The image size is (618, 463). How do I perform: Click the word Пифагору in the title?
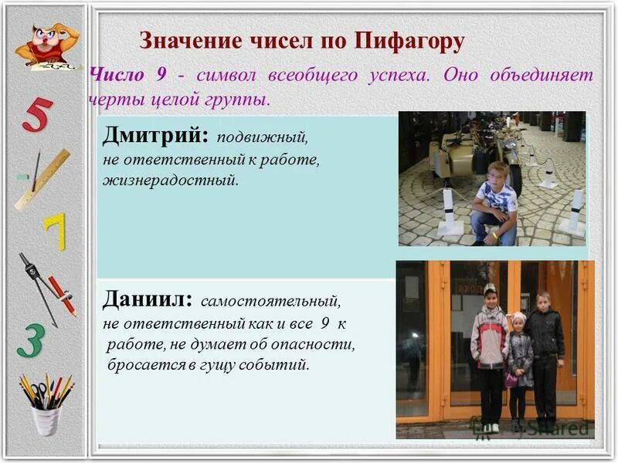(x=409, y=41)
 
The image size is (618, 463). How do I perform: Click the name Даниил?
(x=148, y=298)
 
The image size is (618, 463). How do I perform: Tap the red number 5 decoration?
(x=36, y=116)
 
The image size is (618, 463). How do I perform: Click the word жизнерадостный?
(x=171, y=181)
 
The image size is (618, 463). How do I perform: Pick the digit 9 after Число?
(x=161, y=76)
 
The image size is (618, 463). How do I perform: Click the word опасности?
(x=313, y=343)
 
